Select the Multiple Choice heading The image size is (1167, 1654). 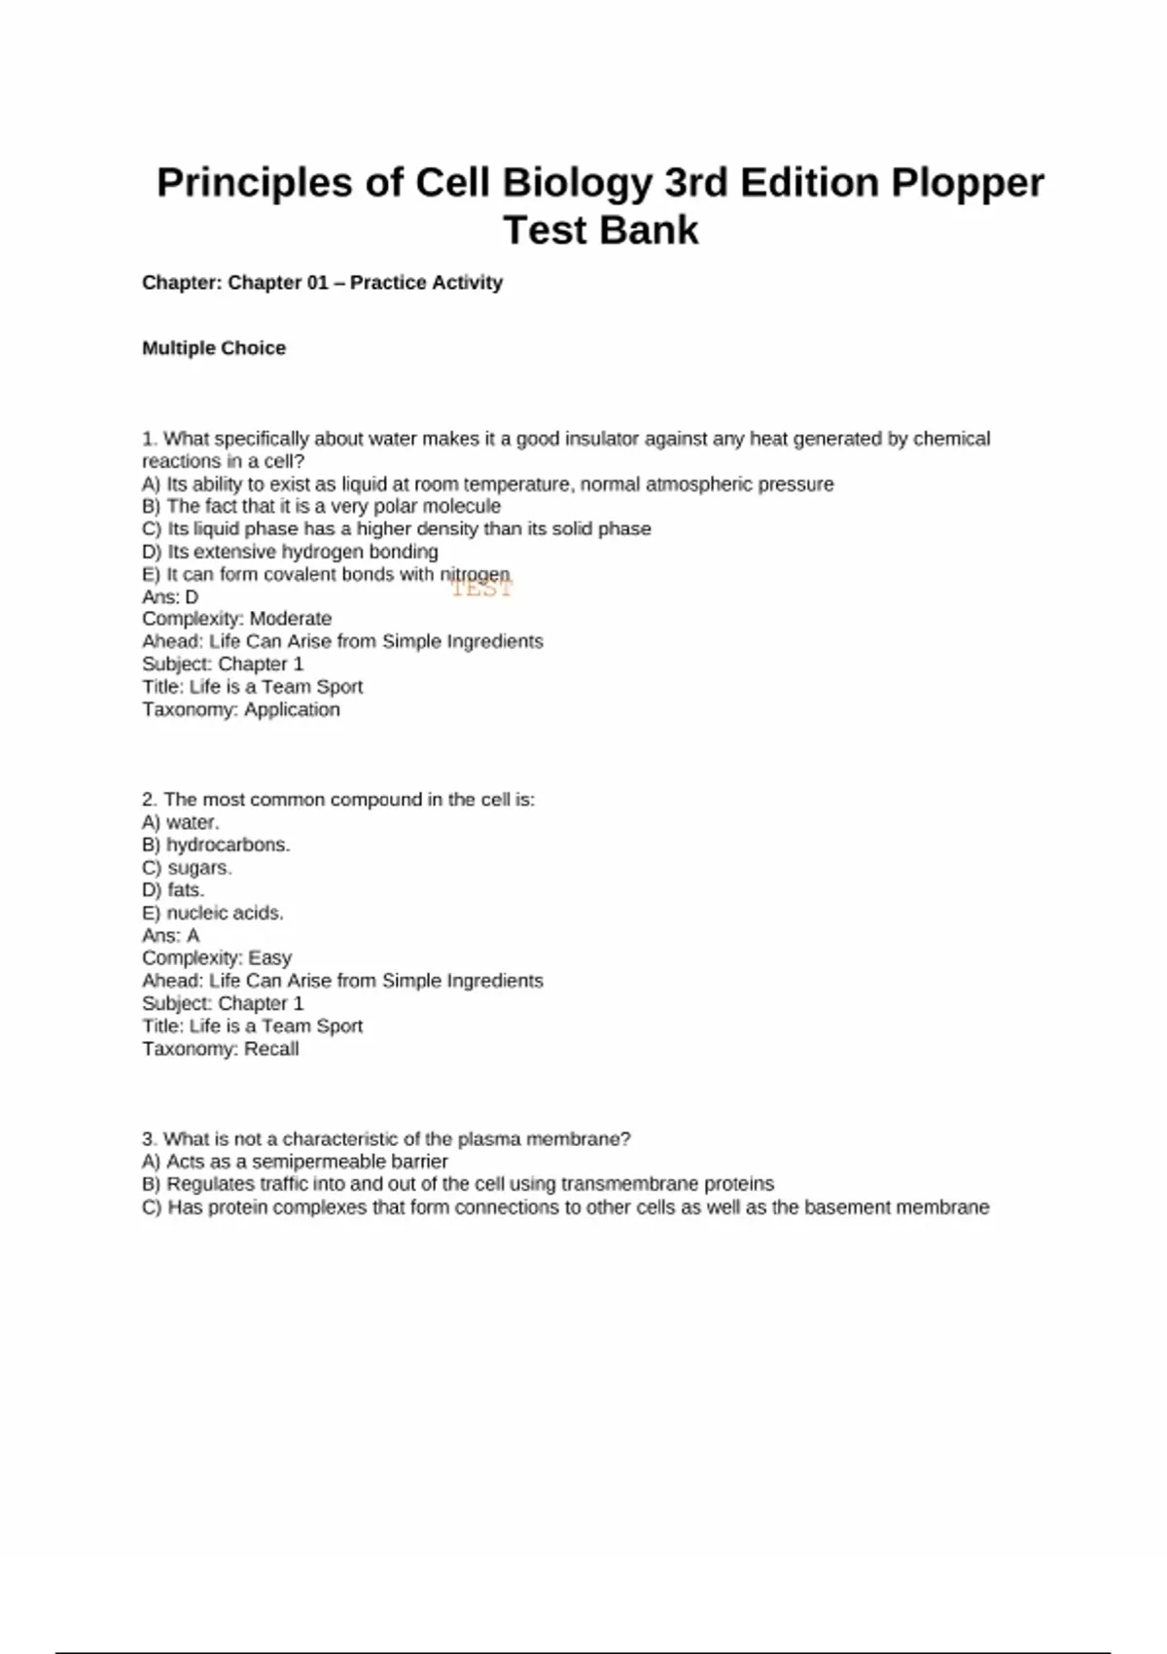214,348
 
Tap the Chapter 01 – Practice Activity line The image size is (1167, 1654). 322,283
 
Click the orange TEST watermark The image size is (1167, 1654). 481,589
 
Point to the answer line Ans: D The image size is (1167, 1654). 170,596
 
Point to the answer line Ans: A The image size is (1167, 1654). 171,935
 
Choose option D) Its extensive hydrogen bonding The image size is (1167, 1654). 290,552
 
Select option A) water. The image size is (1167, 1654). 181,822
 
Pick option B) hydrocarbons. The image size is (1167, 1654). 216,845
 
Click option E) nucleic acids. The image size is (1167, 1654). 213,913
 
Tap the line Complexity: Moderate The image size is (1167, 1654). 236,619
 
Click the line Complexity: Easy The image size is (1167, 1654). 217,957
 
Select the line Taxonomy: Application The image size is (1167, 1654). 241,709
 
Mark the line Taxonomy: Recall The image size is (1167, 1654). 221,1049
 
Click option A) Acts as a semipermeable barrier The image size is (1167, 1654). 295,1162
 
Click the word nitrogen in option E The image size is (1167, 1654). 475,574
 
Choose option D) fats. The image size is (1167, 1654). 173,890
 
